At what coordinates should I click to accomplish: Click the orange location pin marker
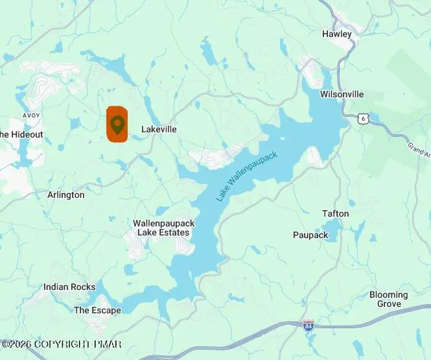click(x=117, y=123)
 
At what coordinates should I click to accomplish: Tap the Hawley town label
click(x=337, y=34)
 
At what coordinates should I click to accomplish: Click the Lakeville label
click(x=159, y=129)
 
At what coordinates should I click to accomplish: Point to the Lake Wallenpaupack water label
click(x=246, y=175)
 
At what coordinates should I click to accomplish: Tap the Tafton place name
click(x=335, y=213)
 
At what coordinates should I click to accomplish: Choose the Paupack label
click(x=310, y=235)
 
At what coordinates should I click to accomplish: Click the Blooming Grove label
click(x=389, y=299)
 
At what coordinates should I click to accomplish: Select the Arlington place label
click(x=66, y=195)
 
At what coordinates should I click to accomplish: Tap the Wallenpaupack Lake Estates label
click(x=164, y=228)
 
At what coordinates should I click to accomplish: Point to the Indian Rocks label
click(x=69, y=287)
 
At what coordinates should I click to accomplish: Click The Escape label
click(x=97, y=310)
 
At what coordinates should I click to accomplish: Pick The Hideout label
click(x=21, y=134)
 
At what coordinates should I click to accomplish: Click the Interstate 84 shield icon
click(x=309, y=324)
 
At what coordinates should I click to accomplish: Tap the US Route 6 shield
click(x=364, y=117)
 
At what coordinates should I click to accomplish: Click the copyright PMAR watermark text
click(x=62, y=344)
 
